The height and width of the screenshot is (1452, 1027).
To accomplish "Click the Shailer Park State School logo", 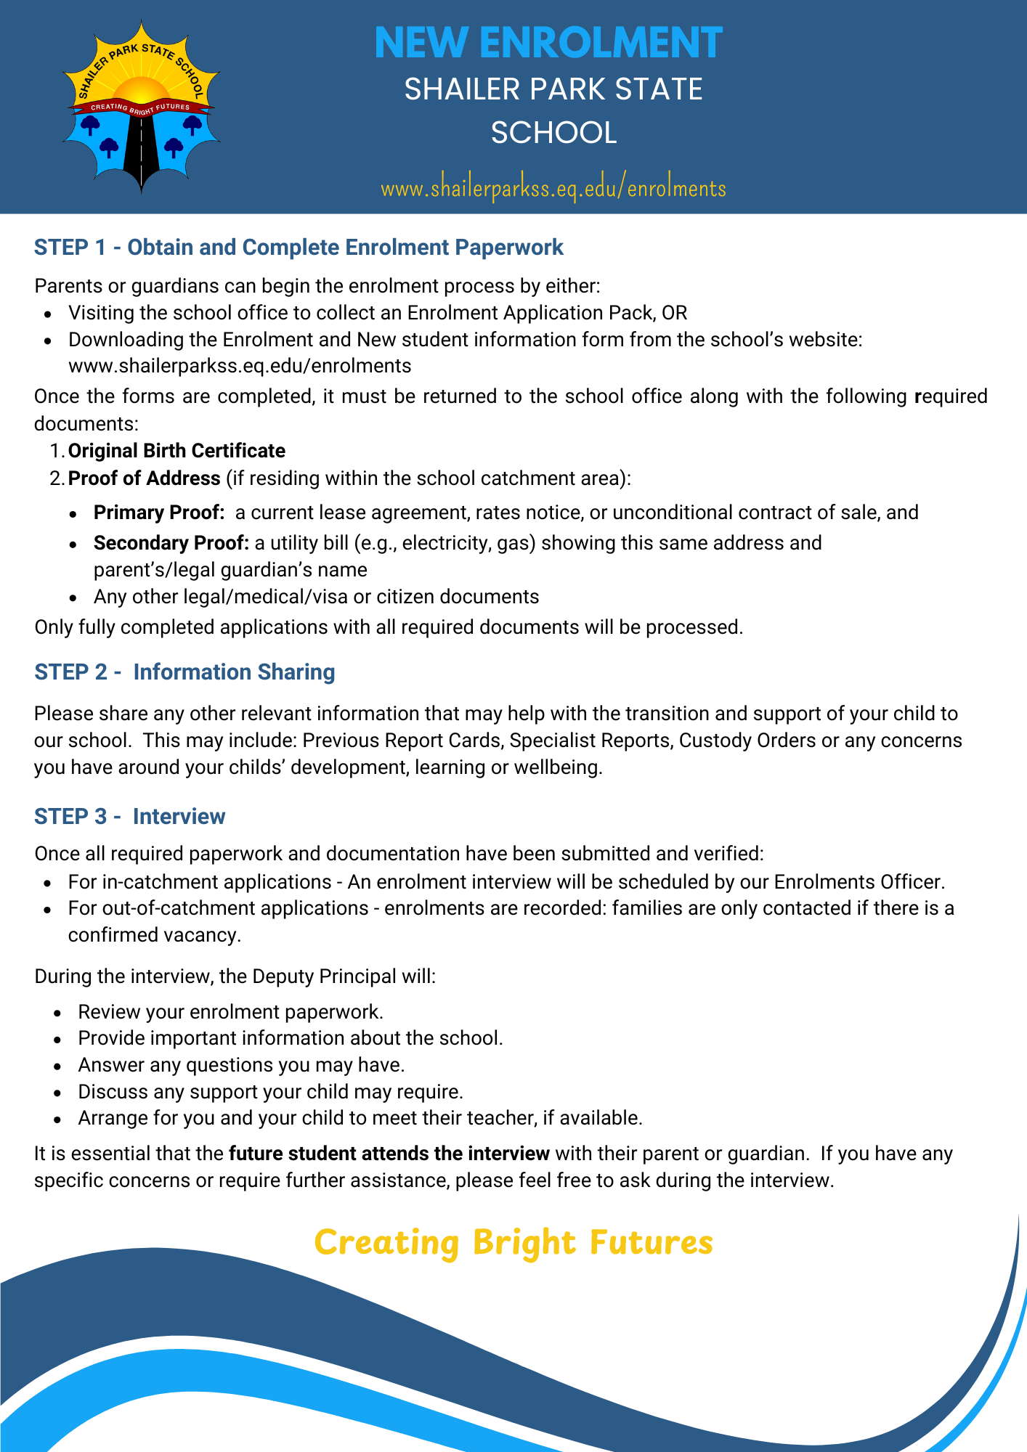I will click(141, 107).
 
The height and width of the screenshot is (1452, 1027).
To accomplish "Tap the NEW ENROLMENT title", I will click(548, 42).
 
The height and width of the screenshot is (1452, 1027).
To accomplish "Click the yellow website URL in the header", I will click(553, 189).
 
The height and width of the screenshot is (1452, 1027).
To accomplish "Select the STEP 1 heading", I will click(299, 248).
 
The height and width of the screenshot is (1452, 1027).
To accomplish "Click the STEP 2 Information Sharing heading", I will click(184, 672).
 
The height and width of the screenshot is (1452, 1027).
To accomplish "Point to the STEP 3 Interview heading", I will click(129, 817).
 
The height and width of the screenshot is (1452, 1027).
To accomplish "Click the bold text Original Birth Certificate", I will click(176, 451).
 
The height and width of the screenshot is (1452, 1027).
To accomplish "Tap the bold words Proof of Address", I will click(144, 478).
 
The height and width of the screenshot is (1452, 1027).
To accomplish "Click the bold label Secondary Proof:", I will click(171, 543).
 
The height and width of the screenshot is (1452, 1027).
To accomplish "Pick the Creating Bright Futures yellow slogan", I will click(513, 1242).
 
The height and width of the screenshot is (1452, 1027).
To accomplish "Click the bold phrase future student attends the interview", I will click(389, 1154).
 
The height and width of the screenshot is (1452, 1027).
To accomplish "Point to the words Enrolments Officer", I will click(859, 882).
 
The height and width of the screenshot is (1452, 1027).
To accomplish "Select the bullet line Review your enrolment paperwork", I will click(230, 1012).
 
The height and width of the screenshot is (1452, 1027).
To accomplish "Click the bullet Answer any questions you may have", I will click(241, 1065).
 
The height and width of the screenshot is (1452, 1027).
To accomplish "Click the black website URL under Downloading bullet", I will click(240, 365).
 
